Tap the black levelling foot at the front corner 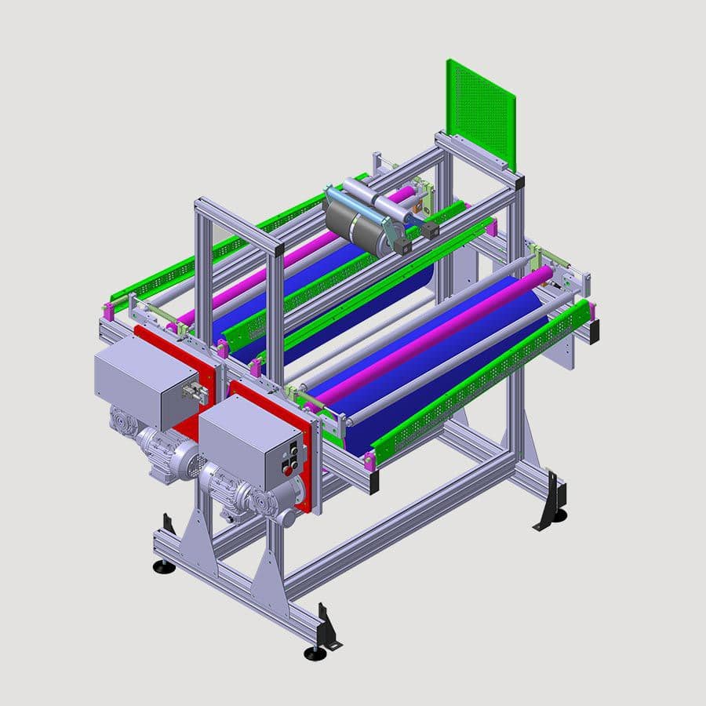[315, 653]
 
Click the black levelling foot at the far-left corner [164, 566]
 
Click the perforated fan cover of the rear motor [187, 463]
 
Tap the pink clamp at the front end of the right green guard [369, 460]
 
